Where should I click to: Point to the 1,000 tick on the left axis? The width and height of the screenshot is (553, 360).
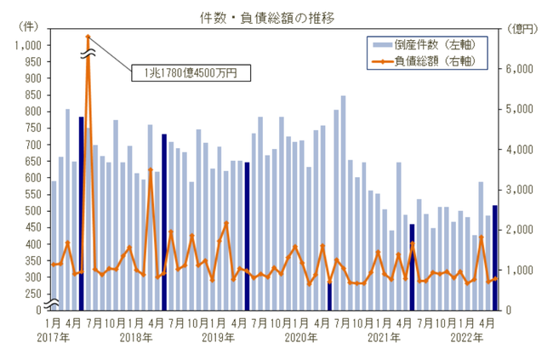[28, 45]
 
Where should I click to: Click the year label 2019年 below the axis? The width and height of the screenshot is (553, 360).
[219, 338]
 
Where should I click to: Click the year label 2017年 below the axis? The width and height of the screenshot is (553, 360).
[53, 338]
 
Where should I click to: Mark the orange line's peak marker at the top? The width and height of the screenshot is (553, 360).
[88, 37]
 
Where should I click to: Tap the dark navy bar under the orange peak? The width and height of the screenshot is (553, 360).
[82, 213]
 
